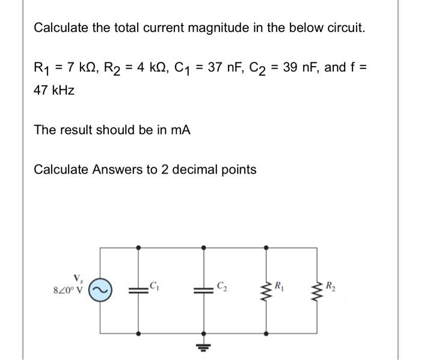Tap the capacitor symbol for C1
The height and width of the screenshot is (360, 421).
point(140,289)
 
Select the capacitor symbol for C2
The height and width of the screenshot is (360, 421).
point(203,289)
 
